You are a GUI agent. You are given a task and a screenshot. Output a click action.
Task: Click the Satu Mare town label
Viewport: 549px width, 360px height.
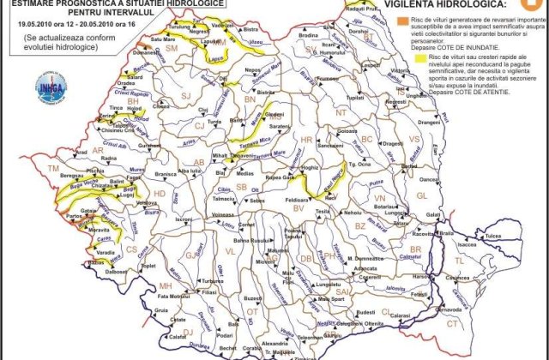(x=163, y=39)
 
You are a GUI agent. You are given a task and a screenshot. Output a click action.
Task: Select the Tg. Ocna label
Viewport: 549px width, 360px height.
(x=358, y=165)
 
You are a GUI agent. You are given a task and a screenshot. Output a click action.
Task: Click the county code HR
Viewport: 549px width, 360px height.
(x=305, y=139)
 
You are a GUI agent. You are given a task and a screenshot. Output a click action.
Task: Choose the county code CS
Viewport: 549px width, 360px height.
(x=131, y=249)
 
